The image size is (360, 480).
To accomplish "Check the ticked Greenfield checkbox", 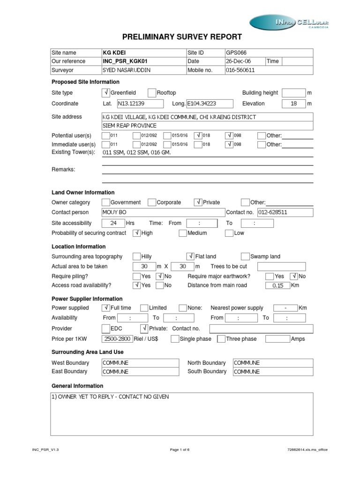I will click(105, 93).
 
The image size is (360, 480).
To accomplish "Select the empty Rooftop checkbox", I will click(152, 93).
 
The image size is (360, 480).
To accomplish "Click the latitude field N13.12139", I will click(139, 104).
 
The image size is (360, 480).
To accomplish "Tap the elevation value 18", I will click(294, 104).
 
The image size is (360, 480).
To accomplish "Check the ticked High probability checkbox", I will click(137, 233).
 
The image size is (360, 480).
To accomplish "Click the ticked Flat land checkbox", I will click(190, 256).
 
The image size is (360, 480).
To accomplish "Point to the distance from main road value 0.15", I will click(277, 285).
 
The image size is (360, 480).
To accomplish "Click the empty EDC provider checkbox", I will click(105, 329).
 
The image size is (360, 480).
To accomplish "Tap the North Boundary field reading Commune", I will click(272, 363).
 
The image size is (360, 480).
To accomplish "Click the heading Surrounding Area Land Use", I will click(87, 352).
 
